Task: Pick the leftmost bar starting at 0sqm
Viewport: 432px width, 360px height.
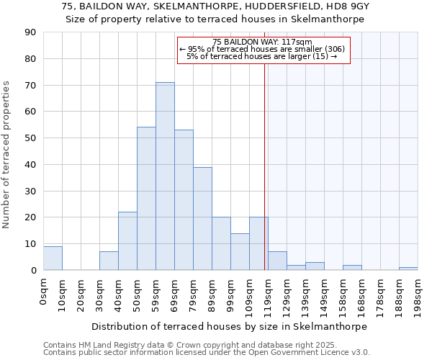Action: [x=53, y=258]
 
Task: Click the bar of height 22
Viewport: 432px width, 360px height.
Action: [x=127, y=241]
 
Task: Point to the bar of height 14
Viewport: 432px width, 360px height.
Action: [x=240, y=252]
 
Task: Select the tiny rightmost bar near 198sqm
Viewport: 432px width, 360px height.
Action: [x=408, y=269]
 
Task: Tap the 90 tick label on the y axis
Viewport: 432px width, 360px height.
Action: [x=30, y=32]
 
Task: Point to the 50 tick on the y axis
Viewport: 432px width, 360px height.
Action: [x=30, y=138]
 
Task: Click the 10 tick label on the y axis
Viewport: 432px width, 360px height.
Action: [x=30, y=244]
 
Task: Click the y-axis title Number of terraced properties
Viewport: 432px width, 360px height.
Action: [x=7, y=155]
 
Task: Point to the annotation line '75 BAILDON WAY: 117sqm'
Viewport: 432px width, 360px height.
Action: [x=263, y=42]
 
